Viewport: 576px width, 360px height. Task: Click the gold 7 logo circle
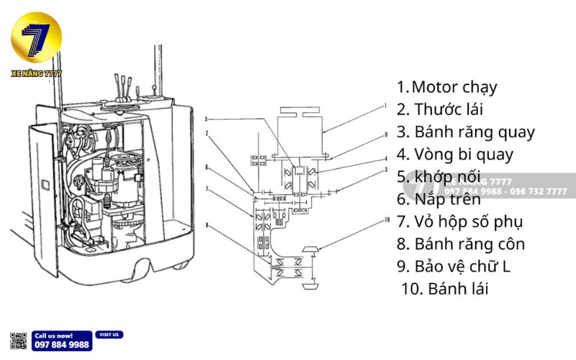click(36, 37)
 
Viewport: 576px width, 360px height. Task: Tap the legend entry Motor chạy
click(446, 88)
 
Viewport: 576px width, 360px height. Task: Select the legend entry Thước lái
click(439, 110)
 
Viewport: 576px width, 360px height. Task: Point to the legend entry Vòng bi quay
click(464, 155)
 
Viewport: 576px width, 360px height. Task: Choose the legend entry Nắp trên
click(438, 199)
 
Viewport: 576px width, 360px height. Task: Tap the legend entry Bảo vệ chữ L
click(454, 266)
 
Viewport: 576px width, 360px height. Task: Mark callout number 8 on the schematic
click(207, 225)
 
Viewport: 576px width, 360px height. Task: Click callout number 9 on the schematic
click(386, 134)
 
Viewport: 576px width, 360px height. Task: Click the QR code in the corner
click(19, 341)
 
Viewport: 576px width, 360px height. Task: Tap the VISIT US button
click(109, 335)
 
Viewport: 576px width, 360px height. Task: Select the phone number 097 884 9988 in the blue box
click(63, 345)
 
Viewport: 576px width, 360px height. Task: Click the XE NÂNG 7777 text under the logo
click(37, 73)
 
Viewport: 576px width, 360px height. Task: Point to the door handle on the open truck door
click(45, 185)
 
